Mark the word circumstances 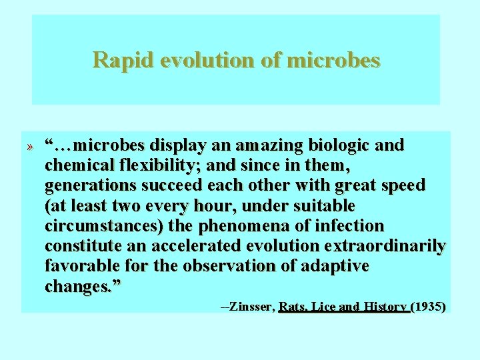(x=103, y=225)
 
